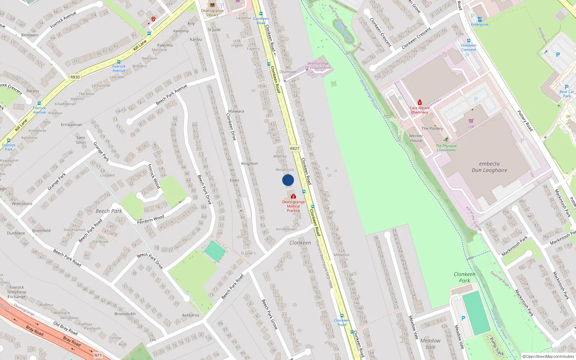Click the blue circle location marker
[288, 180]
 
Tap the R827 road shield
[294, 148]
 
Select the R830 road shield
[75, 77]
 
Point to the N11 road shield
[98, 355]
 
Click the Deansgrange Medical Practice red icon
[293, 196]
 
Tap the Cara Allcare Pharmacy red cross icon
[419, 103]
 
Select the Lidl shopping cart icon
[471, 121]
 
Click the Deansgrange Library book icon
[212, 5]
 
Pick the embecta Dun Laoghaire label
[489, 167]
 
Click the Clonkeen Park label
[464, 277]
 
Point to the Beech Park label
[109, 211]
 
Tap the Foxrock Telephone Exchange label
[17, 292]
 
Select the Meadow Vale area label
[430, 344]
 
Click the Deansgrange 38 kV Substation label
[318, 66]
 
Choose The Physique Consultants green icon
[446, 139]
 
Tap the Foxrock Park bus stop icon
[9, 141]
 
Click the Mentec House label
[416, 138]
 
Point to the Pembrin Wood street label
[150, 219]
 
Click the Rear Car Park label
[567, 94]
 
